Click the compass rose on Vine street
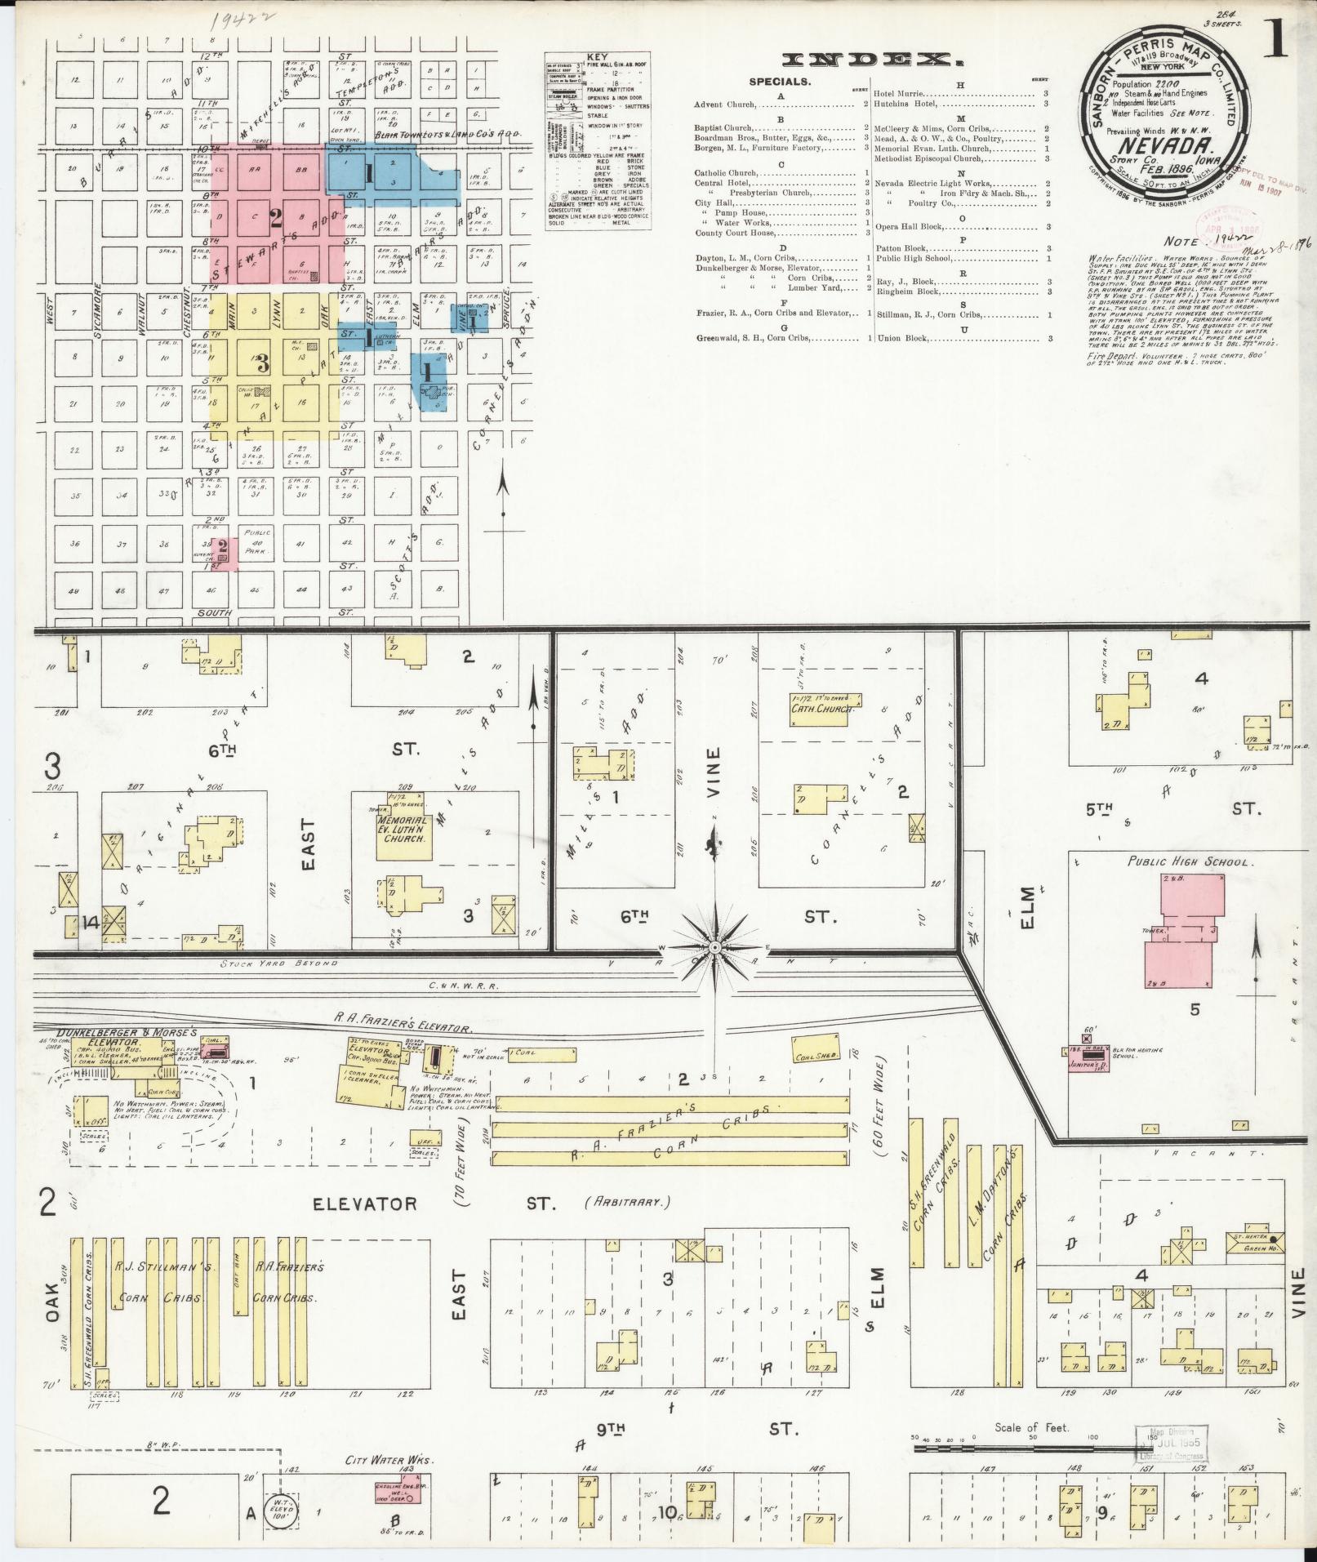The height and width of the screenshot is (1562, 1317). (715, 946)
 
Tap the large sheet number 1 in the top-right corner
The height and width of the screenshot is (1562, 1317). (1274, 42)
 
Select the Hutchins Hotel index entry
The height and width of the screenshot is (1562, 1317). (910, 105)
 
